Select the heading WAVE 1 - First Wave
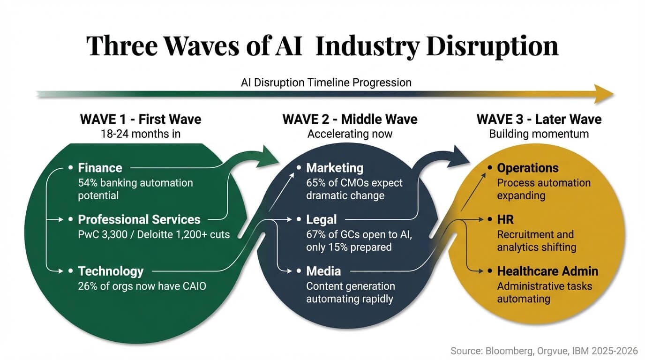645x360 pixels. (141, 119)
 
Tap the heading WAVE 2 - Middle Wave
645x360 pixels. (350, 119)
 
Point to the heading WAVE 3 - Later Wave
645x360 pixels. (539, 119)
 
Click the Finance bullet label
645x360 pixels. (100, 168)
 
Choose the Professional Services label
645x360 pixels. (139, 219)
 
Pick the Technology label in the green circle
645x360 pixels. (111, 271)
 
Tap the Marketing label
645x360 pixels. (335, 168)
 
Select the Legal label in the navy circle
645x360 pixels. (322, 219)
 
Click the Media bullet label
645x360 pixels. (323, 271)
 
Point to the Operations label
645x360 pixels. (528, 168)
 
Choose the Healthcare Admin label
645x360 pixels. (547, 271)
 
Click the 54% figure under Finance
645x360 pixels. (88, 182)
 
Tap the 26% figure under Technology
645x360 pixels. (88, 285)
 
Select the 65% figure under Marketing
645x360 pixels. (316, 182)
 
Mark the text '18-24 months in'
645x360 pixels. (141, 134)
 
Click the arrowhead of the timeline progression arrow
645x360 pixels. (605, 94)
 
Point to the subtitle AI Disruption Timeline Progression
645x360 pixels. (326, 82)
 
